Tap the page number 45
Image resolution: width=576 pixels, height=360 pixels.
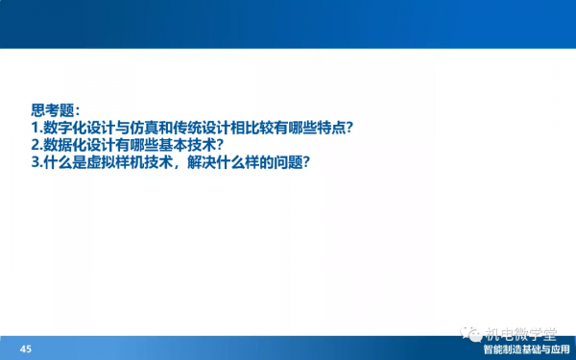click(26, 348)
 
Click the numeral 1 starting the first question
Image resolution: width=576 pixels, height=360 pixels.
click(34, 127)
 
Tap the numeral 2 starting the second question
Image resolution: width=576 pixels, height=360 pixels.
click(34, 145)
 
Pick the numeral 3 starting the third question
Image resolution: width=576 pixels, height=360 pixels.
click(34, 163)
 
